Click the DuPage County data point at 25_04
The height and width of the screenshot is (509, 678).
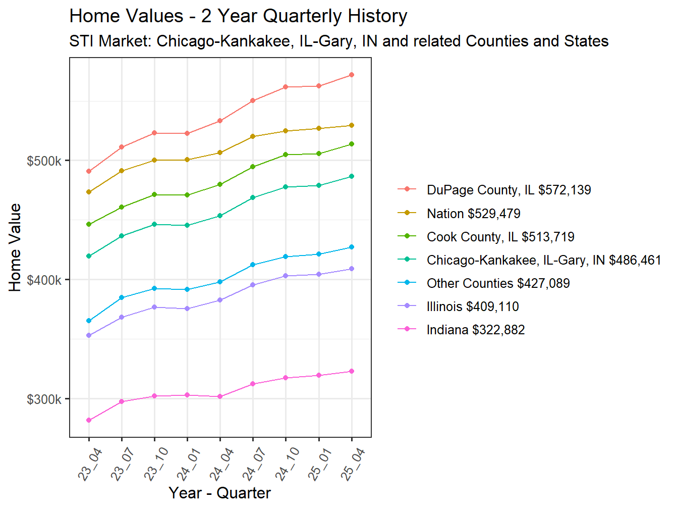[352, 75]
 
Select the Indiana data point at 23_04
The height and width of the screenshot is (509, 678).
[89, 420]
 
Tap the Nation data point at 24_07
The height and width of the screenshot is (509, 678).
[253, 136]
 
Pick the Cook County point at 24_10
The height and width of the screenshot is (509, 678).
[286, 155]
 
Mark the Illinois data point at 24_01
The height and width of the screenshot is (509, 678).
[187, 309]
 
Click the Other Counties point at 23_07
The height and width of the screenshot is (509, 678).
[122, 297]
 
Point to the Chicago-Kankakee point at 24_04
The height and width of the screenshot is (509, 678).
[220, 216]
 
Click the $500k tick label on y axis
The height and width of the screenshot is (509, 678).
[44, 161]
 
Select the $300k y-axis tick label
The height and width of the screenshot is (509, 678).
[44, 399]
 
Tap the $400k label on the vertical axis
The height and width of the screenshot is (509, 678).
[44, 280]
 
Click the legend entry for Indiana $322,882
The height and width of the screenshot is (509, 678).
[475, 330]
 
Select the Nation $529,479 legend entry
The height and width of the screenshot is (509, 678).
[473, 214]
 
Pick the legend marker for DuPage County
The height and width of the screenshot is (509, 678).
[407, 189]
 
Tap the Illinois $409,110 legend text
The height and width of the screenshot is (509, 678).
[472, 307]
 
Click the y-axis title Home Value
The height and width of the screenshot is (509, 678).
[15, 247]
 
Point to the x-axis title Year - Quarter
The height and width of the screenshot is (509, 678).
[220, 493]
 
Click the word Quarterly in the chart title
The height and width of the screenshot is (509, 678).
[296, 16]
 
